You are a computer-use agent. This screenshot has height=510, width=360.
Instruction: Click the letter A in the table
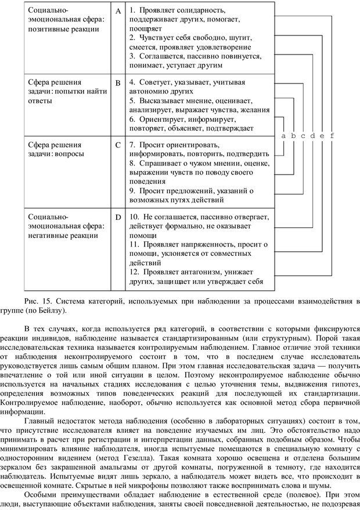point(118,11)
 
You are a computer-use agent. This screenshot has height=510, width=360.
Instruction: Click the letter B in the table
point(118,83)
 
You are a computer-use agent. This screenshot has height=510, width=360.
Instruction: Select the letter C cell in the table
point(118,144)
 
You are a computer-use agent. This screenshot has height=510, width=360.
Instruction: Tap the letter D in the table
point(118,217)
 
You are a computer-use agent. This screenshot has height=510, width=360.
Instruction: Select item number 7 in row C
point(132,144)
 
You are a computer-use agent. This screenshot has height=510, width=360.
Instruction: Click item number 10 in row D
point(134,217)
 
